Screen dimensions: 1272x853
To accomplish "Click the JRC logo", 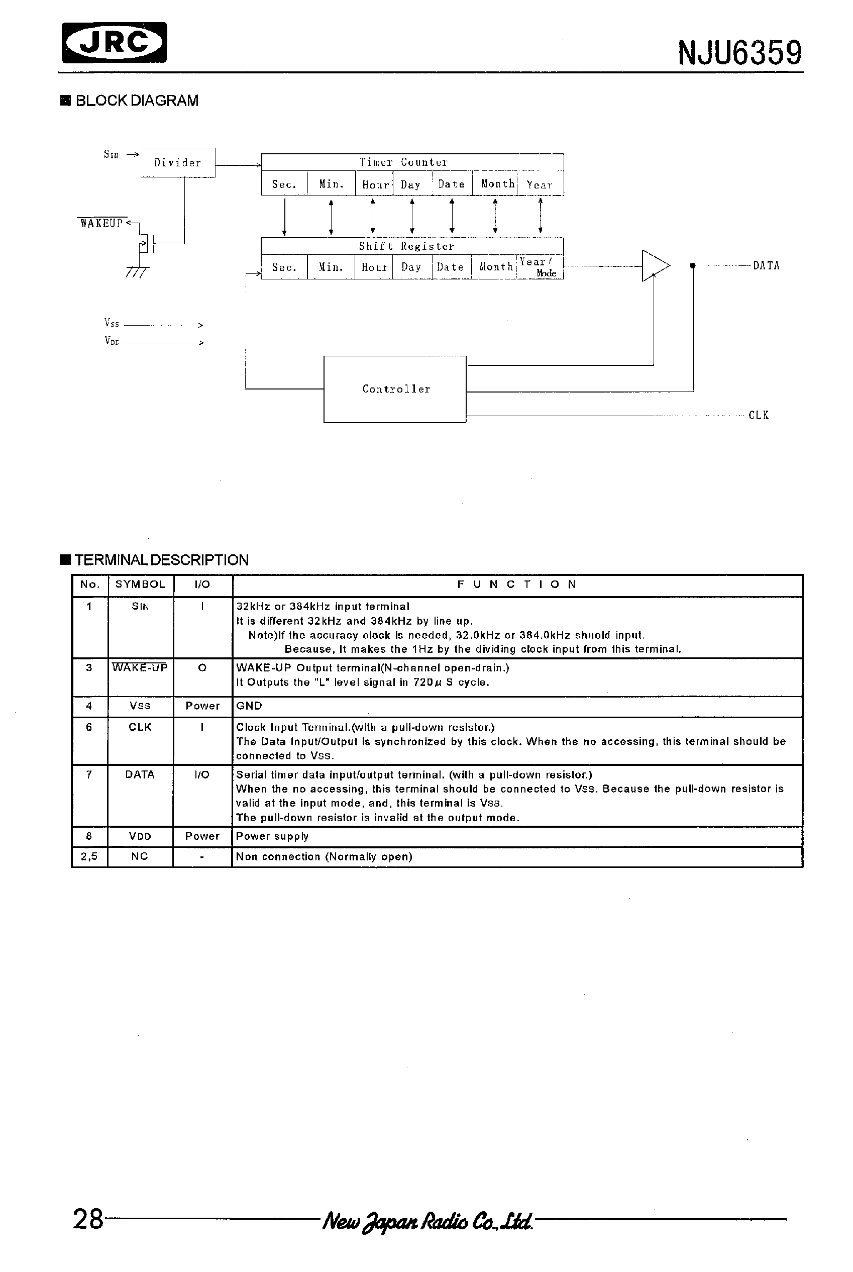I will [114, 42].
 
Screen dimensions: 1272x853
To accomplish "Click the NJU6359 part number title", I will [739, 53].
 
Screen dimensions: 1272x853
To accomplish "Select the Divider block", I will [178, 162].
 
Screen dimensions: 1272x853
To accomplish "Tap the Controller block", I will [395, 389].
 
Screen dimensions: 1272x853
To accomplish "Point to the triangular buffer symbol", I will [655, 266].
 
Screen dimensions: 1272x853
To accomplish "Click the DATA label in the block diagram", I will [766, 266].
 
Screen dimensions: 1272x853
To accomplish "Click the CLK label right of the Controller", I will [759, 415].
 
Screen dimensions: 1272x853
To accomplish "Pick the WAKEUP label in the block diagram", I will [101, 223].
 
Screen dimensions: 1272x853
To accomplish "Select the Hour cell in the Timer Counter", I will [374, 184].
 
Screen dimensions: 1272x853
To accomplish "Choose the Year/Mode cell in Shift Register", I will [539, 267].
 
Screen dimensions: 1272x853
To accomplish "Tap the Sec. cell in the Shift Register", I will [284, 267].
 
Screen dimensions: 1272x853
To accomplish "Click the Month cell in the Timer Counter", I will [497, 184].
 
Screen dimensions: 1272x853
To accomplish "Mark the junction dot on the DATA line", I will [693, 266].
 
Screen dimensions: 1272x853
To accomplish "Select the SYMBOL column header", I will [140, 584].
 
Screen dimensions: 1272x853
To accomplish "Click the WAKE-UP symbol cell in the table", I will [140, 667].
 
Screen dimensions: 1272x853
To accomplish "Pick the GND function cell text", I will [249, 706].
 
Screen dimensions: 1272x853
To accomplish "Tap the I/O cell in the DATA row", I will [202, 774].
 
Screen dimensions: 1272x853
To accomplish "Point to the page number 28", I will [88, 1219].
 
